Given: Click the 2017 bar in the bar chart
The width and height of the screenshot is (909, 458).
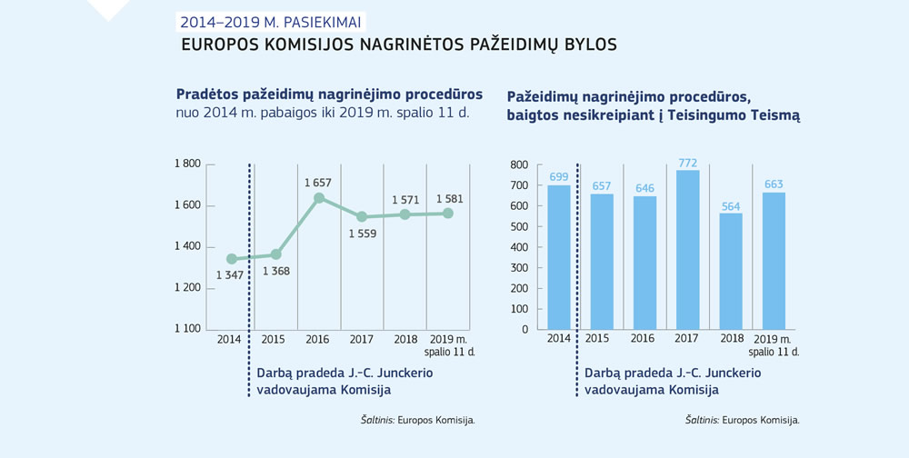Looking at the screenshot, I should click(688, 249).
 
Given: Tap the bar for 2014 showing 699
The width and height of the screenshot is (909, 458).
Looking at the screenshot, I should click(558, 256).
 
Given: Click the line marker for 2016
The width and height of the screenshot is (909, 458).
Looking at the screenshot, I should click(319, 198).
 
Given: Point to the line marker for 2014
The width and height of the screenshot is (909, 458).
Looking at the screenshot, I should click(232, 259).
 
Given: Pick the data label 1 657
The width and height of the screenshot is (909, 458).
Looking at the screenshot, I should click(318, 183).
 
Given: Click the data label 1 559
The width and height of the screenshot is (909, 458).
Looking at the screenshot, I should click(361, 234).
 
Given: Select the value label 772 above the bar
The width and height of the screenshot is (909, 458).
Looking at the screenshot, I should click(688, 164).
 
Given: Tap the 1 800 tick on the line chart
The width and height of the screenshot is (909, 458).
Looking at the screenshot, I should click(187, 164).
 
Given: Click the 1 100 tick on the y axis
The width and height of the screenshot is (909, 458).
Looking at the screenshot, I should click(187, 329).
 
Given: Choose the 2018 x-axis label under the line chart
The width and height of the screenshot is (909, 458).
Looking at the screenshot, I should click(405, 340).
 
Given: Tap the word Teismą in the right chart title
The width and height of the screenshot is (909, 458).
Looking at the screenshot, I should click(772, 115).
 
